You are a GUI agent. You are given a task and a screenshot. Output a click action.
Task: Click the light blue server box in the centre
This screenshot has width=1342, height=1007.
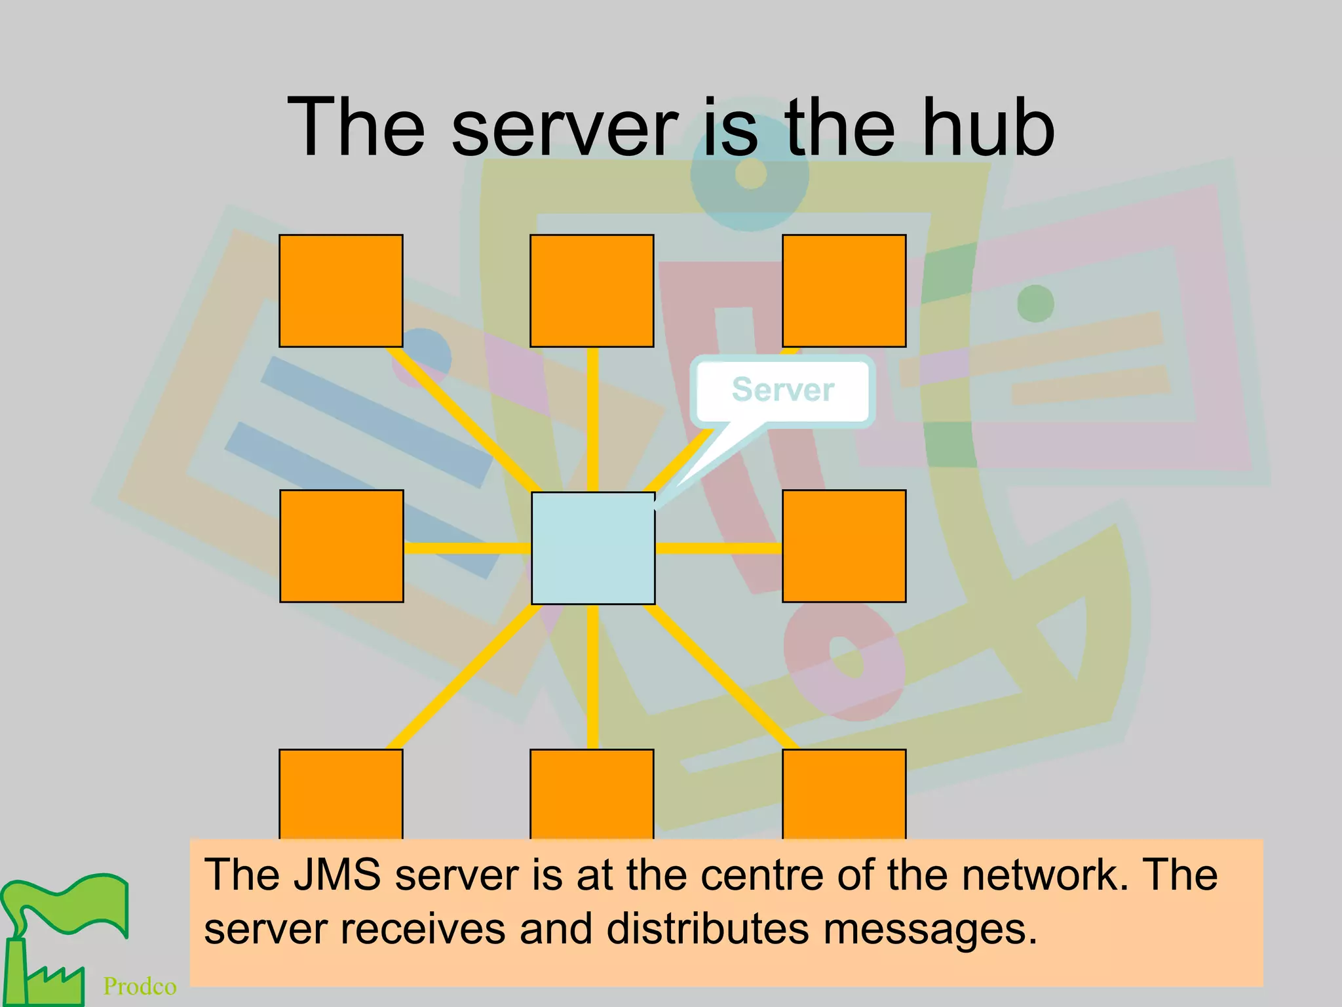coord(593,548)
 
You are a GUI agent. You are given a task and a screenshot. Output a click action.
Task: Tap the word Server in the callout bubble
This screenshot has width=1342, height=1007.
coord(782,389)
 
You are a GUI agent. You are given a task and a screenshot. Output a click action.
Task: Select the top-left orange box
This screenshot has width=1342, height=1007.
coord(341,290)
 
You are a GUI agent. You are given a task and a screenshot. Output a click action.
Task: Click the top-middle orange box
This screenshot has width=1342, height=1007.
coord(592,290)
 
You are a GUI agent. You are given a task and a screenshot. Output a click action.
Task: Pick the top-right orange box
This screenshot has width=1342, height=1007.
coord(844,290)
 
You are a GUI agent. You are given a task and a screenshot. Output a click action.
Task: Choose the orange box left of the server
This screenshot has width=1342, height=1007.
coord(341,545)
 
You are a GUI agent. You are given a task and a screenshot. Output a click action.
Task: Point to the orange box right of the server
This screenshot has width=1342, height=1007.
coord(844,545)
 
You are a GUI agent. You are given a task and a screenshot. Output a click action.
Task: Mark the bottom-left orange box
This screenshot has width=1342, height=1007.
coord(341,794)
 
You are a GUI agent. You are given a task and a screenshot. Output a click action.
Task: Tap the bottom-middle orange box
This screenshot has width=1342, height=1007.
coord(592,794)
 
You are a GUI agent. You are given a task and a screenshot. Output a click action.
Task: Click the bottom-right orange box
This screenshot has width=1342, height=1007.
coord(844,794)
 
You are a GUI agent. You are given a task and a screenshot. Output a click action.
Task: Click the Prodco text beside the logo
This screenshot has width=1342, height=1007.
coord(140,986)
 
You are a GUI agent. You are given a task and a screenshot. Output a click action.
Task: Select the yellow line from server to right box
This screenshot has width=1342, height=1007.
coord(718,548)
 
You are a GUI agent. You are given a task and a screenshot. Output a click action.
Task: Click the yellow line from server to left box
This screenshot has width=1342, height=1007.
coord(467,548)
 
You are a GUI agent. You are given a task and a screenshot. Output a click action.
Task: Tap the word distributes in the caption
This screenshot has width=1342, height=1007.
coord(708,928)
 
